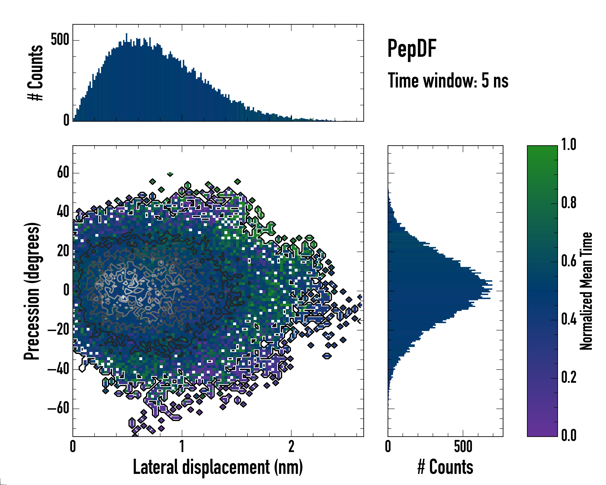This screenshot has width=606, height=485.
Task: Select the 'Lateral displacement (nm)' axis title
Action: point(218,467)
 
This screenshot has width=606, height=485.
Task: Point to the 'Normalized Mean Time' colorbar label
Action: point(586,291)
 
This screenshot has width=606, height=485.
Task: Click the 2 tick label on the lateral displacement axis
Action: point(291,446)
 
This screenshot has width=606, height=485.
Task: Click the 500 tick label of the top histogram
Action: point(60,40)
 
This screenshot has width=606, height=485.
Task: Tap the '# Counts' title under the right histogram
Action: point(445,467)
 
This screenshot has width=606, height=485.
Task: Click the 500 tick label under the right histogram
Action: point(463,446)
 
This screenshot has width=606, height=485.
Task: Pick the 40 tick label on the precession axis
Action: point(63,212)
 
